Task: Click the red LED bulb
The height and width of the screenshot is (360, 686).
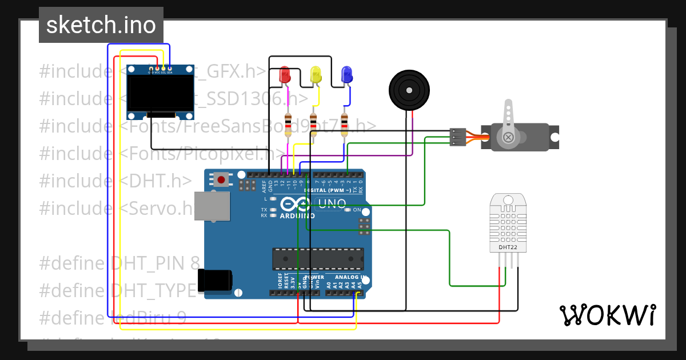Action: coord(285,74)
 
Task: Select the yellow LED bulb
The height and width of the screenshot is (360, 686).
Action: coord(316,74)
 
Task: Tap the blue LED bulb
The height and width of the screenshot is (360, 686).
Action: coord(346,74)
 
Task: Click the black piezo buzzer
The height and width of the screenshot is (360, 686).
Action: coord(409,90)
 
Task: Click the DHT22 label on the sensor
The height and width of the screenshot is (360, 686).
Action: coord(508,247)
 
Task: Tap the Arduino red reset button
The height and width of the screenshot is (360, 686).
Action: coord(222,180)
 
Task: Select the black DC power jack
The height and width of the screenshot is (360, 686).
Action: coord(216,279)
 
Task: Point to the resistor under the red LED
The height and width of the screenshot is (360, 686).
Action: coord(288,125)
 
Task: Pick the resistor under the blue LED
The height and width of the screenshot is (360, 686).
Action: coord(344,125)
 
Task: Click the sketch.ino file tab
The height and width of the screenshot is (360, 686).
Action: coord(101,25)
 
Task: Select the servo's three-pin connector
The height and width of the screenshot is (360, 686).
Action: coord(457,137)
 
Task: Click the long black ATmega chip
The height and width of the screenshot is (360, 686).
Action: coord(318,259)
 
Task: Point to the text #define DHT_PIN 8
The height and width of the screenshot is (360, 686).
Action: coord(119,263)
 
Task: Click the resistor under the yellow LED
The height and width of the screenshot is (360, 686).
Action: coord(313,125)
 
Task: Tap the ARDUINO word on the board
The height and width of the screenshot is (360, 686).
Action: coord(297,216)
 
